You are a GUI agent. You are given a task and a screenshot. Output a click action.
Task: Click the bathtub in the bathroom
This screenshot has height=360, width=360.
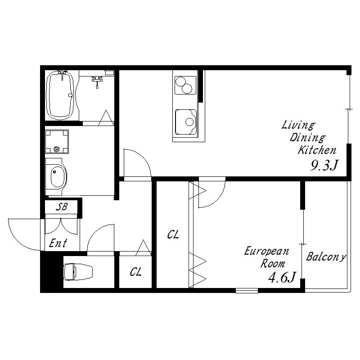(60, 95)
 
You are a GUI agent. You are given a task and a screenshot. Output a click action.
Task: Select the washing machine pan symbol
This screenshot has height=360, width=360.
(57, 142)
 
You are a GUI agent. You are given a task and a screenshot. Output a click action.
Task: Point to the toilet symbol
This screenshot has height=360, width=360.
(78, 272)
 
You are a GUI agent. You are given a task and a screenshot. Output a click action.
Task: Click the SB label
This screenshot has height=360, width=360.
(62, 207)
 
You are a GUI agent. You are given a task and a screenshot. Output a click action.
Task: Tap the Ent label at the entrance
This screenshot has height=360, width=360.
(58, 243)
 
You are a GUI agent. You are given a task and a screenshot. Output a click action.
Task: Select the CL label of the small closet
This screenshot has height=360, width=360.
(136, 272)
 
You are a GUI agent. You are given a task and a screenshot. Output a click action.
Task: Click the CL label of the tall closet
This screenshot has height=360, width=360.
(173, 234)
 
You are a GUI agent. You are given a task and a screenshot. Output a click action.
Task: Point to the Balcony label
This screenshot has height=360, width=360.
(326, 256)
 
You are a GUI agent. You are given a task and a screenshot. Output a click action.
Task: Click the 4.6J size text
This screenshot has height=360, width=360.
(283, 277)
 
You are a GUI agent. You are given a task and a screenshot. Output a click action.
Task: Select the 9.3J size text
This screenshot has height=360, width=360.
(324, 165)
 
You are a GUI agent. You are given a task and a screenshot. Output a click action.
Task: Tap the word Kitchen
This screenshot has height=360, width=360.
(317, 150)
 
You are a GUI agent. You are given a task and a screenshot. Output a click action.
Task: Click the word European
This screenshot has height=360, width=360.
(266, 251)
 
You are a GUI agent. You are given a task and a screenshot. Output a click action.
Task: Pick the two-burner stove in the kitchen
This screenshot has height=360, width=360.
(185, 85)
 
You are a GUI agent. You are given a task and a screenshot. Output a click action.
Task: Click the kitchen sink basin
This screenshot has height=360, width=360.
(186, 122)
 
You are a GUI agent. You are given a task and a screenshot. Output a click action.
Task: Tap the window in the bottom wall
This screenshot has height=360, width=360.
(247, 291)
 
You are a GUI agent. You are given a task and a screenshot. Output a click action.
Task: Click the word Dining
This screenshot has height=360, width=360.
(308, 138)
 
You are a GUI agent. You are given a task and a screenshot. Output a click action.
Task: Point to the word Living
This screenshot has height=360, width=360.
(298, 126)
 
